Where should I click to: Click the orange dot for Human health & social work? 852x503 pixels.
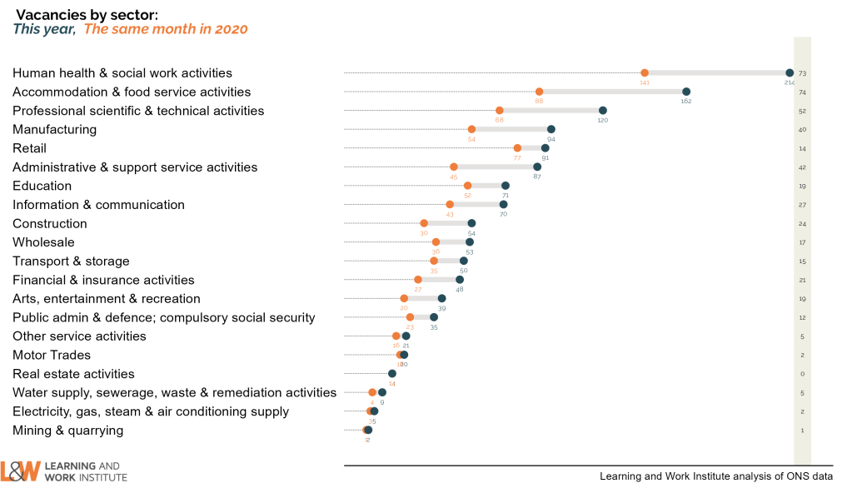(x=645, y=73)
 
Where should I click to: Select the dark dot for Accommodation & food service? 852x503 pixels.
(x=686, y=92)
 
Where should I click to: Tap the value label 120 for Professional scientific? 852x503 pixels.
(x=603, y=120)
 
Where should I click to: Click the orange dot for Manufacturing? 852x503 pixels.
(x=471, y=129)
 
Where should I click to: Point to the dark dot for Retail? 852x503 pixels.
(x=546, y=148)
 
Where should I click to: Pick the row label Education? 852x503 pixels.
(x=42, y=186)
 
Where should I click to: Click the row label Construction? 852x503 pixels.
(x=50, y=223)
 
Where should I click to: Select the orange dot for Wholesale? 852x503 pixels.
(x=436, y=242)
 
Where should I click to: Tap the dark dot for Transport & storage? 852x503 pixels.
(x=464, y=261)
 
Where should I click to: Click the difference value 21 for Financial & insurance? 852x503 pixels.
(x=802, y=281)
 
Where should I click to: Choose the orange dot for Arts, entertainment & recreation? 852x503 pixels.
(x=404, y=298)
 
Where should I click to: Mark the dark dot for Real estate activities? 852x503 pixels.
(x=392, y=373)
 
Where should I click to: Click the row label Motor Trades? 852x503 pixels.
(x=52, y=355)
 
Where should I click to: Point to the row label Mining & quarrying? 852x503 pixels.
(x=68, y=431)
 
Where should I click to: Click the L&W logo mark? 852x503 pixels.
(x=20, y=471)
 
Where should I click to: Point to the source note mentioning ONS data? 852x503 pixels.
(x=715, y=476)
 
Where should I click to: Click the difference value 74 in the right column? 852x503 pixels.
(x=802, y=92)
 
